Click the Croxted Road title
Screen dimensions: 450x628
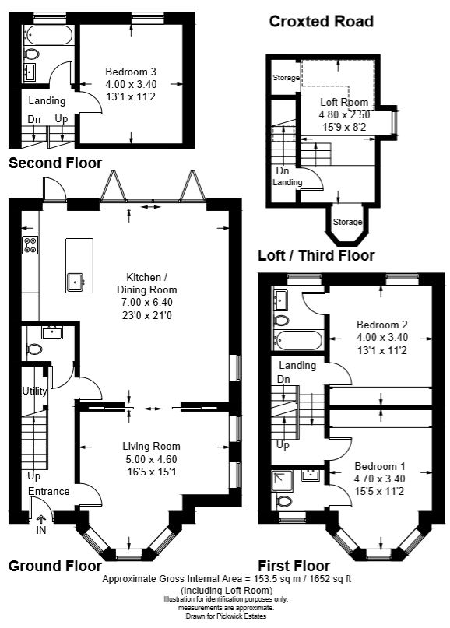322,22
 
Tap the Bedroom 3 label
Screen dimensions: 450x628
131,72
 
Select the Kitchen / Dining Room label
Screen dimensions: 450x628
146,283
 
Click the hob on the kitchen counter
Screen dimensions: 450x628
30,245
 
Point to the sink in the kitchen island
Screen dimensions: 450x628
76,282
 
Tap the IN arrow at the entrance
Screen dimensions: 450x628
40,521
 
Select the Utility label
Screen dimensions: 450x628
34,391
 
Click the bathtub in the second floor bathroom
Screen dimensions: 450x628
47,35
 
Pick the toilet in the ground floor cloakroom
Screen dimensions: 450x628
34,349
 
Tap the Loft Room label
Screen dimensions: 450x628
344,102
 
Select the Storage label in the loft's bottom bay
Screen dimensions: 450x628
347,222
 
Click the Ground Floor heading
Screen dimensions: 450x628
55,566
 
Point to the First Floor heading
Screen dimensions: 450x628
294,566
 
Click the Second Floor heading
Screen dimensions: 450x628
55,163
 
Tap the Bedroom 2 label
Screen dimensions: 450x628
382,325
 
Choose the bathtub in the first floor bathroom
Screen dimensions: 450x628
298,340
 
